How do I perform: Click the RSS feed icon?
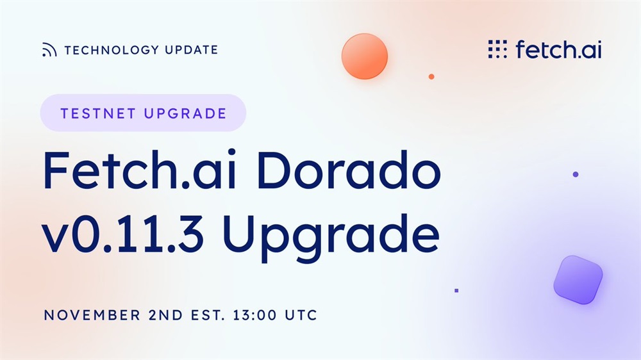point(49,50)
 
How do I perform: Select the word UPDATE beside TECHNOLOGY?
point(192,50)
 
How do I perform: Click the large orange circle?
point(365,56)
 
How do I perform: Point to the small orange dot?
point(431,76)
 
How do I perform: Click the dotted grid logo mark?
point(497,49)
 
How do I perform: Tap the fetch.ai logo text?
point(559,49)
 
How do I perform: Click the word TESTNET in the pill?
point(98,113)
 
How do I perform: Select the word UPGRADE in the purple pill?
point(185,113)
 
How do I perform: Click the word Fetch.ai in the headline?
point(140,170)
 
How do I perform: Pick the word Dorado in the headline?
point(349,170)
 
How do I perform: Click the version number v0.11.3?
point(122,234)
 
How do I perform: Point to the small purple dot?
point(576,174)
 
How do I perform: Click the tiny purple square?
point(456,291)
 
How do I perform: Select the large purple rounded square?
point(578,280)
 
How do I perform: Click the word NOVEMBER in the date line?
point(92,315)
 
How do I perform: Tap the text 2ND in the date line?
point(165,315)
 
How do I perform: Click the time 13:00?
point(255,315)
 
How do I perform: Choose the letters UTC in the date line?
point(301,315)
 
